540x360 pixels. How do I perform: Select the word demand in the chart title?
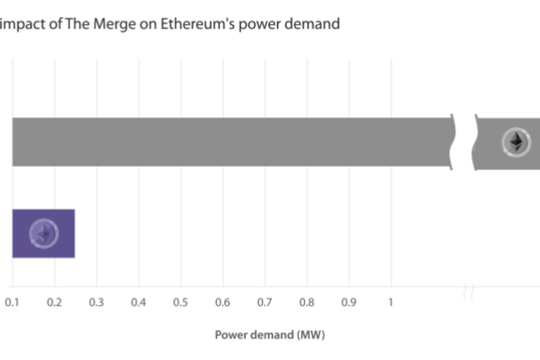(311, 24)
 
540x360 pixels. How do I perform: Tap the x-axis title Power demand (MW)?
(270, 335)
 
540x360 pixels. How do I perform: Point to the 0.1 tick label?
(13, 301)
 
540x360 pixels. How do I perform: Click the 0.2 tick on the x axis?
(54, 301)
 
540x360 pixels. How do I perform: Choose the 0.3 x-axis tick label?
(96, 301)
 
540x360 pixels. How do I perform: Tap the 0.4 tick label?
(139, 301)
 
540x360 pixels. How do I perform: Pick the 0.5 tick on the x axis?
(180, 301)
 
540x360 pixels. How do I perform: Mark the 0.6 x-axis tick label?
(222, 301)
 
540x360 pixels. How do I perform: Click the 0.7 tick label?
(265, 301)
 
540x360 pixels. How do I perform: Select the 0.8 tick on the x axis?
(306, 301)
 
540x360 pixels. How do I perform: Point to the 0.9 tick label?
(348, 301)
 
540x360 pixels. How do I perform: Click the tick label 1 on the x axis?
(391, 301)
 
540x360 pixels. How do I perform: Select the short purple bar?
(43, 233)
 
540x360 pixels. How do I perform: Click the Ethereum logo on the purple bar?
(43, 233)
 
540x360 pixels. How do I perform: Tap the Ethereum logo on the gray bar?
(516, 141)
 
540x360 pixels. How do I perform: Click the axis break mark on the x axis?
(468, 291)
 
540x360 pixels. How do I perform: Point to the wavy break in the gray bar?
(464, 141)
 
